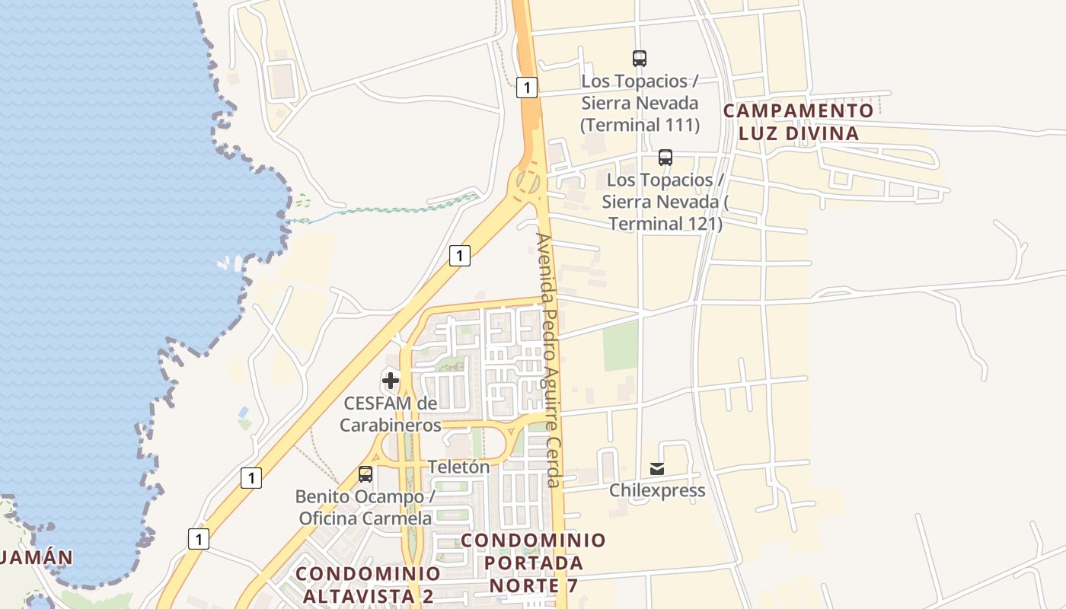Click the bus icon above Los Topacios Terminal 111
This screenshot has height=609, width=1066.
point(640,58)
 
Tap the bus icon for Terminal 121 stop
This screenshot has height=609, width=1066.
point(665,158)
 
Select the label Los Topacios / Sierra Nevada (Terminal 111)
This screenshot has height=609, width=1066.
point(640,103)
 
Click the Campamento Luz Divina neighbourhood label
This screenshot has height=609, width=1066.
point(798,122)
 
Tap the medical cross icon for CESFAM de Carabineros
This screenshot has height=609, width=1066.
point(391,380)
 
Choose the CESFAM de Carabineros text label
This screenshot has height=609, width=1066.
point(391,413)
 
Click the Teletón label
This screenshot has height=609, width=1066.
point(458,467)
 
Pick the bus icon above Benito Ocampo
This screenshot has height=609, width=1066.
point(365,474)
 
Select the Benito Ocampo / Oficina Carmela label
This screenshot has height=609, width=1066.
point(365,507)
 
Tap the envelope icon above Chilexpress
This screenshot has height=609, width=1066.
point(657,468)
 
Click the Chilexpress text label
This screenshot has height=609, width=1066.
point(657,490)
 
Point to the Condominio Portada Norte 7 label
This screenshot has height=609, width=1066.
point(534,563)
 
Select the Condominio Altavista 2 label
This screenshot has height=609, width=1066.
point(368,584)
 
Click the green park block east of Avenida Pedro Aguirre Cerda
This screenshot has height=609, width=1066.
point(621,345)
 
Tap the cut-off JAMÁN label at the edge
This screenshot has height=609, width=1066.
point(37,557)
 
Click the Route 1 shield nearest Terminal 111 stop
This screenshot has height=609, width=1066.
point(526,88)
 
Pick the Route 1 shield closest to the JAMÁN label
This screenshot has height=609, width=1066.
point(199,539)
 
